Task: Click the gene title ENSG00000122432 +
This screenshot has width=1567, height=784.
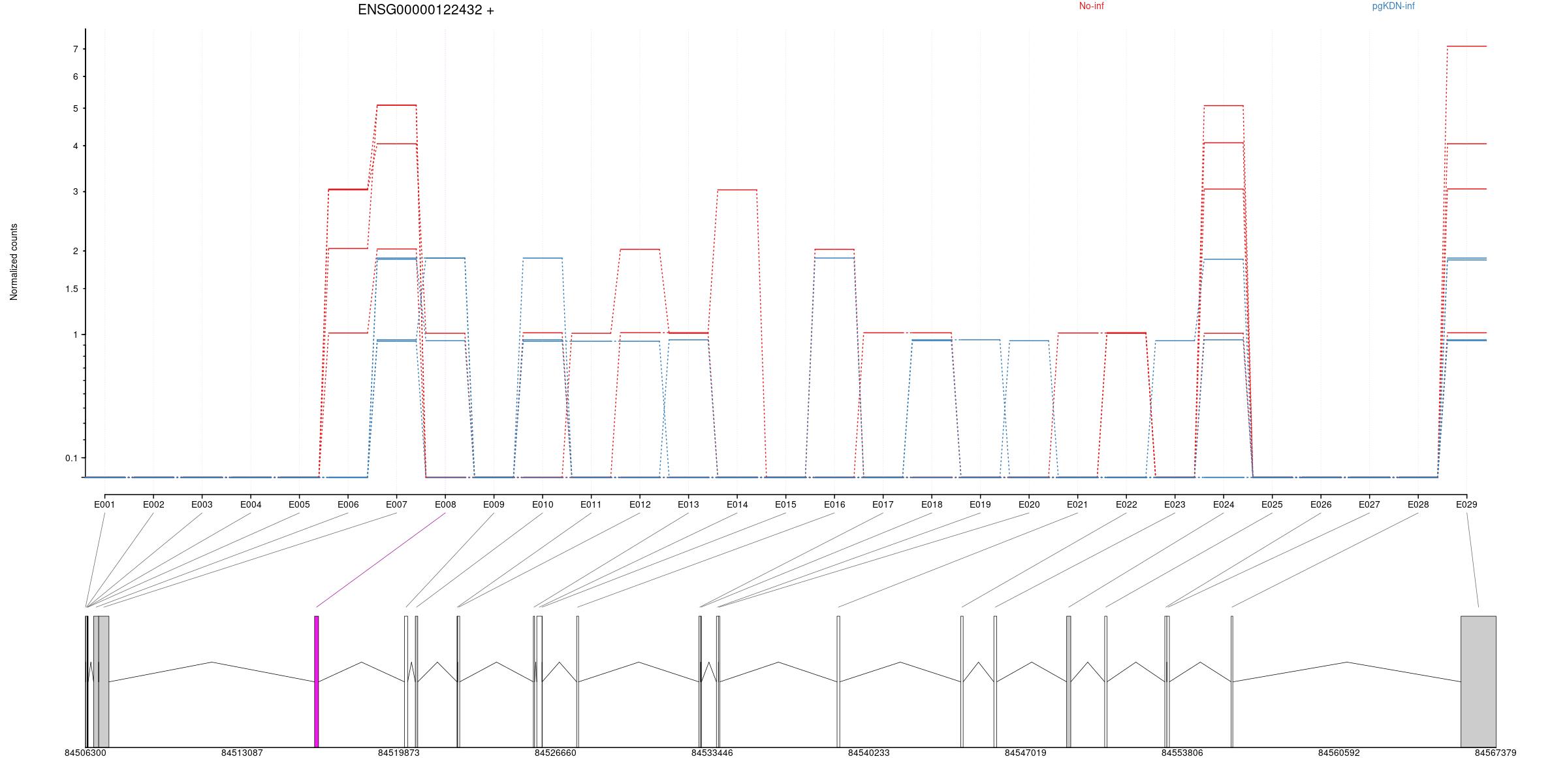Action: (x=426, y=10)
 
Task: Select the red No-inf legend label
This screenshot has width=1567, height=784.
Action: (x=1091, y=7)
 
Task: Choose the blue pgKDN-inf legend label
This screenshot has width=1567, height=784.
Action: (x=1393, y=7)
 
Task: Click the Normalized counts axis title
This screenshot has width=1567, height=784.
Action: (x=14, y=262)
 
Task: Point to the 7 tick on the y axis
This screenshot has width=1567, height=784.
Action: (x=76, y=50)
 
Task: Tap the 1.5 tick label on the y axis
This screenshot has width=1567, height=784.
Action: (x=71, y=289)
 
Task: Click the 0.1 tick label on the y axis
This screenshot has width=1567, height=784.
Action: (x=71, y=458)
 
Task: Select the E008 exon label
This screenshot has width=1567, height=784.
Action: (x=445, y=504)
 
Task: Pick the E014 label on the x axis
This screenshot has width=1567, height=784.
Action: (x=737, y=504)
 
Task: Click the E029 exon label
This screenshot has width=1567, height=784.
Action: (x=1466, y=504)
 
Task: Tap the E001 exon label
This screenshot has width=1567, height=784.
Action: (x=104, y=504)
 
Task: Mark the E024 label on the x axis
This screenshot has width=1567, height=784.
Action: (x=1224, y=504)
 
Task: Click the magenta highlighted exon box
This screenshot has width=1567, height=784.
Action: (x=317, y=681)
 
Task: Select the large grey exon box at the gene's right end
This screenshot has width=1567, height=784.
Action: (x=1478, y=681)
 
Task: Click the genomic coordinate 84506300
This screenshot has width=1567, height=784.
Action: (x=85, y=753)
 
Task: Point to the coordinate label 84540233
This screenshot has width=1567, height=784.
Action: (x=868, y=753)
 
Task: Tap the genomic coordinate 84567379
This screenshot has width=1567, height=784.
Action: (x=1495, y=753)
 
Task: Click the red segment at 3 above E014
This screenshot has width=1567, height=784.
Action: (x=737, y=190)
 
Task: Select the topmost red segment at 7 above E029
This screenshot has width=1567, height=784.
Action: (x=1467, y=46)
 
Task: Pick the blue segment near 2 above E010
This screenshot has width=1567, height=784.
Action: (x=543, y=258)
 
